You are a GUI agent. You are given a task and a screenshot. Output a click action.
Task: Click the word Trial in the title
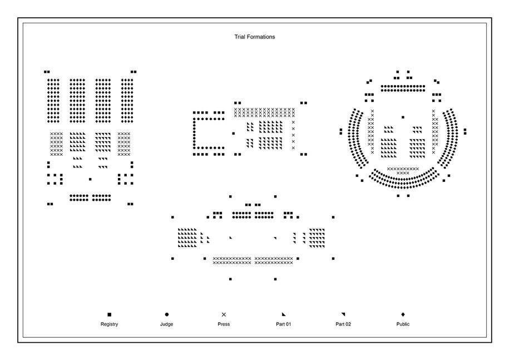tap(239, 37)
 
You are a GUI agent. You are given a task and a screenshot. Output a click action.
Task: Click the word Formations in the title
tap(260, 37)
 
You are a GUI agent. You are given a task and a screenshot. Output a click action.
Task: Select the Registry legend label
tap(110, 324)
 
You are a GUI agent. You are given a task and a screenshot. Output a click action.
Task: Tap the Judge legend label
tap(166, 324)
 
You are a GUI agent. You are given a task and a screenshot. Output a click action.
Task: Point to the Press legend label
tap(224, 324)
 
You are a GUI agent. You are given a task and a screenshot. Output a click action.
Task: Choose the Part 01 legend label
tap(283, 324)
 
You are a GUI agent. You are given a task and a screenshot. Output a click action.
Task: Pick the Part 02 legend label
tap(343, 324)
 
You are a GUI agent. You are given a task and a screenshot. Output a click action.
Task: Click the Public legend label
tap(403, 324)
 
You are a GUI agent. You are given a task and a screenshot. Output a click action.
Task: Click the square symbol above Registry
tap(110, 314)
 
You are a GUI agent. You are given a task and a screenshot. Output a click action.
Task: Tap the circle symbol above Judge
tap(167, 314)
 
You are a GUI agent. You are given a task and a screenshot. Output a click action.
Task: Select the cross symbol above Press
tap(224, 314)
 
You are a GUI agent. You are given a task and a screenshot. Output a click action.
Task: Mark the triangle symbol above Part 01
tap(283, 314)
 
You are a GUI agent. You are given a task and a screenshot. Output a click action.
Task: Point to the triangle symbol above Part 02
tap(343, 314)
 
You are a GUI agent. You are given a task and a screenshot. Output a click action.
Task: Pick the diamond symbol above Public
tap(403, 314)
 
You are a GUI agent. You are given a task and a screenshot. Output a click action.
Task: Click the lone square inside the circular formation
tap(403, 117)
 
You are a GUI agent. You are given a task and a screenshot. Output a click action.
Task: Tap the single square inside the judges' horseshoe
tap(234, 134)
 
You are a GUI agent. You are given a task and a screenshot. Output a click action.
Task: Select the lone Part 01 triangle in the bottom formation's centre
tap(230, 238)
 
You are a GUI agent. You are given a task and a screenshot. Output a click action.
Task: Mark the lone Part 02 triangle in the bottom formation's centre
tap(275, 238)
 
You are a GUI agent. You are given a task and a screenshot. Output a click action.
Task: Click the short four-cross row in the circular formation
tap(403, 174)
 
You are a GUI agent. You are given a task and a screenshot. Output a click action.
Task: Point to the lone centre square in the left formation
tap(90, 179)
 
